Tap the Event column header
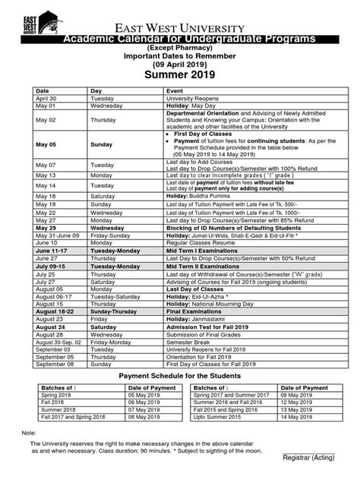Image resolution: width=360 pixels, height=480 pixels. (x=175, y=90)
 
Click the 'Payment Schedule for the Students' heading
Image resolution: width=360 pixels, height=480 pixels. (x=179, y=377)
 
